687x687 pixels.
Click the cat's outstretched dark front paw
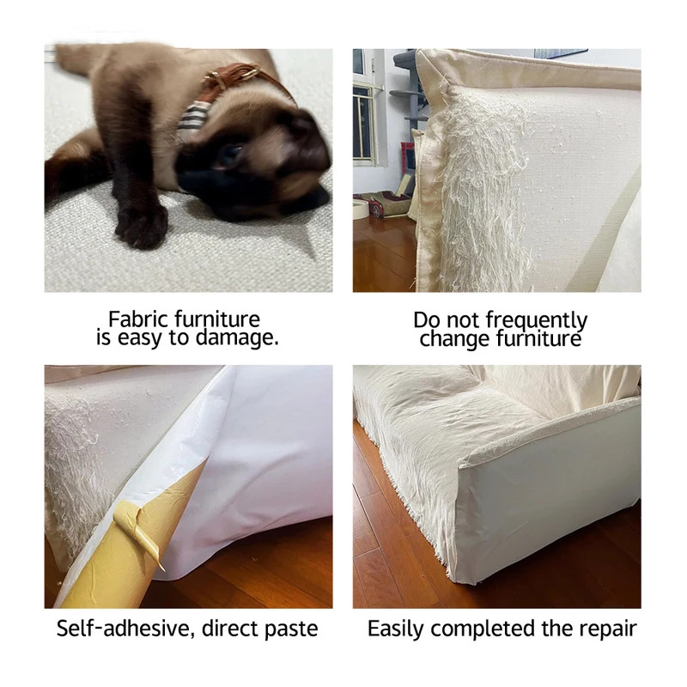click(141, 226)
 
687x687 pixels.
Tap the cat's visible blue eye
click(229, 155)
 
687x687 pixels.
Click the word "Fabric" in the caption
click(138, 319)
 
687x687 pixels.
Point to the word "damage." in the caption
click(237, 337)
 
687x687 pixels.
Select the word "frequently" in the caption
click(537, 320)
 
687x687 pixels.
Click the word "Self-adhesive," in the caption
click(125, 629)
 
